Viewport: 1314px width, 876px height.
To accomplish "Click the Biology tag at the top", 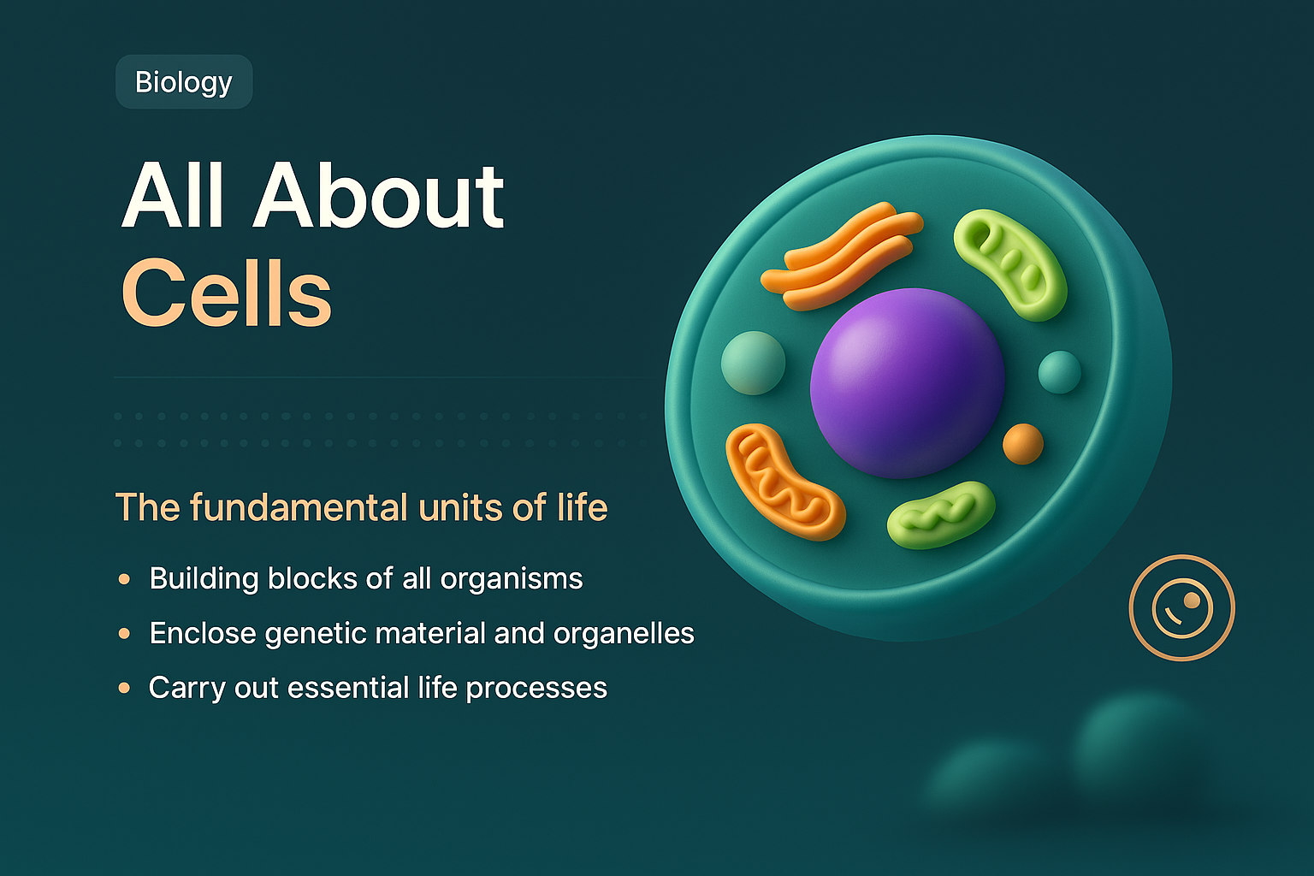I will click(184, 82).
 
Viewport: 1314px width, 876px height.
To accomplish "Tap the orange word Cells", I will click(227, 293).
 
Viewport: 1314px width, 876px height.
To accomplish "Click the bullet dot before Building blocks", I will click(125, 579).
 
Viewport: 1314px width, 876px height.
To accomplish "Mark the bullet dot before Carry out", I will click(125, 688).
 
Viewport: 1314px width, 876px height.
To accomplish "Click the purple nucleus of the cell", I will click(907, 382).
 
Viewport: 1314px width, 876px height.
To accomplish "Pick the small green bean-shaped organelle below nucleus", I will click(941, 514).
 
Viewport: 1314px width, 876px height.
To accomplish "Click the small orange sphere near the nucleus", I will click(1022, 444).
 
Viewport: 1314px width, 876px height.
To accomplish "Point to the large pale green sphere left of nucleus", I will click(753, 363).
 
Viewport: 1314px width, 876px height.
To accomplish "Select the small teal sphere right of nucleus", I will click(1059, 372).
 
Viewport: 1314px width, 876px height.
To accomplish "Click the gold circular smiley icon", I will click(1181, 608).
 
